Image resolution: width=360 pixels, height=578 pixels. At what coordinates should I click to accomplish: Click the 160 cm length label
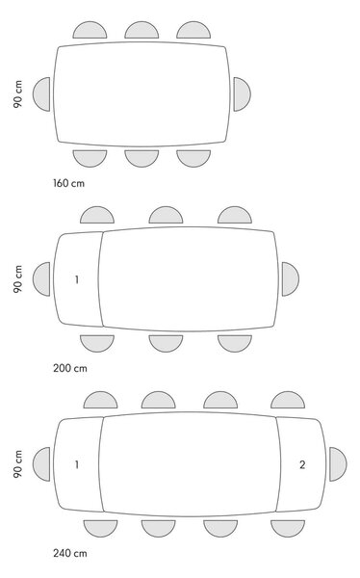68,183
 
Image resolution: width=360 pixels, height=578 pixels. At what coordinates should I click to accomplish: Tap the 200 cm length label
70,368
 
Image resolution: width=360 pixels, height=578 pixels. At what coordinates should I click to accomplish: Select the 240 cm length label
70,553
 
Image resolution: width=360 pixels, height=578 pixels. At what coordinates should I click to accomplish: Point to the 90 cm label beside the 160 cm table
17,94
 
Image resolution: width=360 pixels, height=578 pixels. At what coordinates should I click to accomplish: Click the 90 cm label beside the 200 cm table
17,279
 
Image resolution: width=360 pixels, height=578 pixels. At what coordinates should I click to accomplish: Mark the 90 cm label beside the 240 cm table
17,464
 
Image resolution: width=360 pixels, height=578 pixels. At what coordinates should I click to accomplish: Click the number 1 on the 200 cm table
77,279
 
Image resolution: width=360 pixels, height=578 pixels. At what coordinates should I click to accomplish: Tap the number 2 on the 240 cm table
302,465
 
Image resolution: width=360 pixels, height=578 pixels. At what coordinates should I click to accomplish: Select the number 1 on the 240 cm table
77,465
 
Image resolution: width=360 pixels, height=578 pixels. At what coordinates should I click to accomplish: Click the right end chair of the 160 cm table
242,94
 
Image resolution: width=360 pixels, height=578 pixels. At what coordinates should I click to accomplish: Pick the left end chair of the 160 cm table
42,94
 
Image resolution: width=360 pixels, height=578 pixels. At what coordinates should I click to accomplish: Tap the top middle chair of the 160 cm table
141,31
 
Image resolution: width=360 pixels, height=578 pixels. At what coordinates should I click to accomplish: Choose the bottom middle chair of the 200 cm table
166,343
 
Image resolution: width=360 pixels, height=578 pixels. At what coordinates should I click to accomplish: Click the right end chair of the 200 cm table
290,279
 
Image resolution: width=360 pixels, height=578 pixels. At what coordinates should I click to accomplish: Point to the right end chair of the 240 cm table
338,464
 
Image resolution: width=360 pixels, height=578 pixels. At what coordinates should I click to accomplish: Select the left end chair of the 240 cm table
42,464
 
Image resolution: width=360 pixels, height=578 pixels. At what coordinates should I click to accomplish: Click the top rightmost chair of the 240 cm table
288,401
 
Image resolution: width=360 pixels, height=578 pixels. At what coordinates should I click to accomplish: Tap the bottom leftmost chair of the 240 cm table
101,528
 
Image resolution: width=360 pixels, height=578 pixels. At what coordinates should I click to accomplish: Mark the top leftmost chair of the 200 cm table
97,216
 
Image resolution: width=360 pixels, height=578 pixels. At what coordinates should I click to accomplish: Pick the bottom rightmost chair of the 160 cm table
193,158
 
